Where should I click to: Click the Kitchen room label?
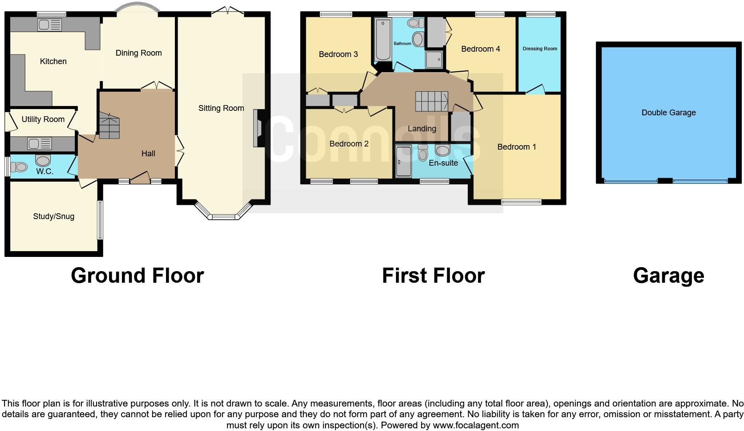pyautogui.click(x=53, y=61)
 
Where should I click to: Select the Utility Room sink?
pyautogui.click(x=40, y=143)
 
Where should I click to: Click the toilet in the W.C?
pyautogui.click(x=19, y=167)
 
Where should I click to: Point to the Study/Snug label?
pyautogui.click(x=53, y=216)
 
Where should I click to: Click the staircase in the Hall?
pyautogui.click(x=109, y=126)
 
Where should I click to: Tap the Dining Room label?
pyautogui.click(x=138, y=53)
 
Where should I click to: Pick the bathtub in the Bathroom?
pyautogui.click(x=382, y=40)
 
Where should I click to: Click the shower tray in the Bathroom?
pyautogui.click(x=435, y=59)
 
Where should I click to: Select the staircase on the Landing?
pyautogui.click(x=432, y=102)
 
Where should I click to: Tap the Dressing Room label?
pyautogui.click(x=539, y=49)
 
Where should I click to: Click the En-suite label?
pyautogui.click(x=443, y=163)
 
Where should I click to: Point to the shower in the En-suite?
pyautogui.click(x=404, y=161)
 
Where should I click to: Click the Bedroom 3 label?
pyautogui.click(x=338, y=54)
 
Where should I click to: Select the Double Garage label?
pyautogui.click(x=668, y=113)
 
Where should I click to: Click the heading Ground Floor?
pyautogui.click(x=137, y=276)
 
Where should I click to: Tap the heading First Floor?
pyautogui.click(x=433, y=276)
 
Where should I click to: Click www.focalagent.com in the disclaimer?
pyautogui.click(x=475, y=425)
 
